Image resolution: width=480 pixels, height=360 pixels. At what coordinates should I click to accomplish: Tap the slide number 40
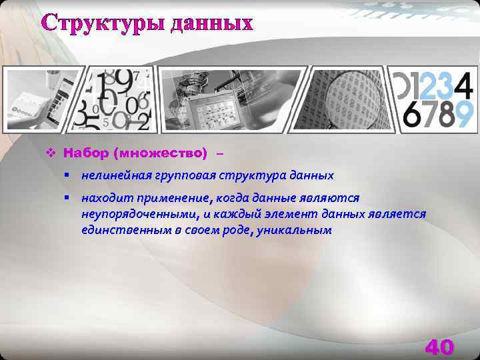pyautogui.click(x=439, y=347)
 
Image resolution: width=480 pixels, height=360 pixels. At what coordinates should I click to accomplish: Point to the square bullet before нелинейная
pyautogui.click(x=68, y=175)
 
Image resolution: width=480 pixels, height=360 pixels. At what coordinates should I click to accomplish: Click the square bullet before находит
pyautogui.click(x=68, y=197)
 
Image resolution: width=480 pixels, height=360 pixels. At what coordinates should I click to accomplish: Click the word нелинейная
pyautogui.click(x=113, y=176)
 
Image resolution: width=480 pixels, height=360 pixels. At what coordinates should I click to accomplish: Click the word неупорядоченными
pyautogui.click(x=133, y=214)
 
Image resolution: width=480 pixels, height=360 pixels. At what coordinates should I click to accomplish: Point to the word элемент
pyautogui.click(x=293, y=214)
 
